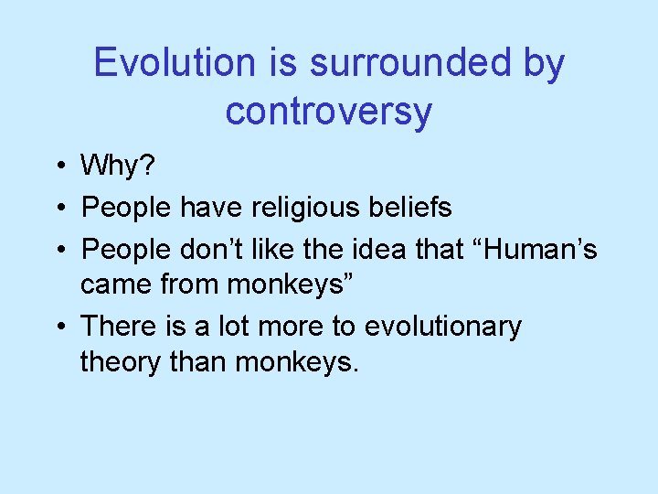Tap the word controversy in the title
coord(329,112)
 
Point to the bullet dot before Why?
coord(58,166)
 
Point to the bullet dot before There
coord(58,327)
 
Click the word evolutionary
coord(443,327)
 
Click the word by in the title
coord(544,63)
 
